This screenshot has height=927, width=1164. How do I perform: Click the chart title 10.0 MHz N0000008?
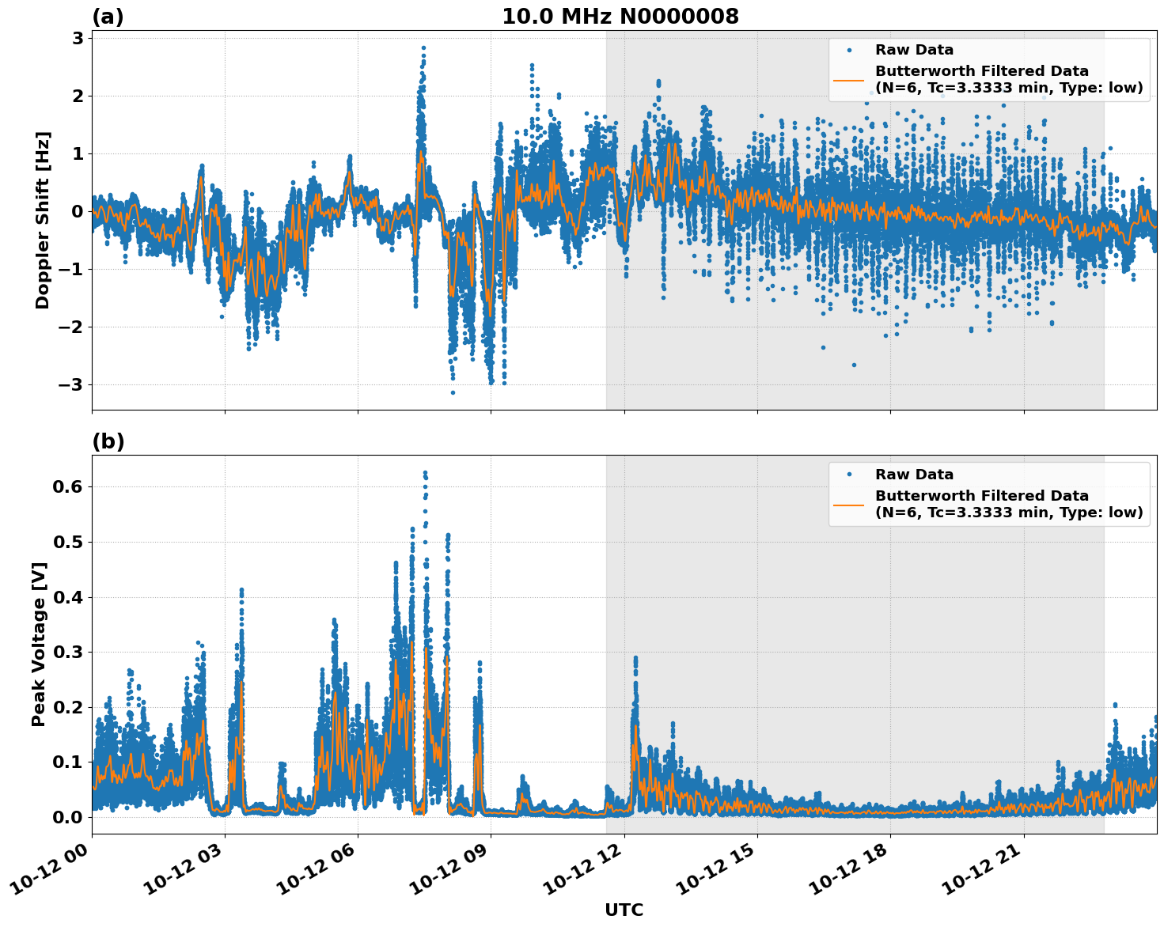pos(620,17)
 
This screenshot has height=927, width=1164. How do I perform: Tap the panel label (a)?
pos(108,17)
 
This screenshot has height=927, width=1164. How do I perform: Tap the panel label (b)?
pos(108,441)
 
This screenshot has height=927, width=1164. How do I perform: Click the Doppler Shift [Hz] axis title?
pos(43,220)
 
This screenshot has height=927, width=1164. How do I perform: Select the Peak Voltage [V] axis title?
pos(40,644)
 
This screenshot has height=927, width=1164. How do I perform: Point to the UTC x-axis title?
pos(624,910)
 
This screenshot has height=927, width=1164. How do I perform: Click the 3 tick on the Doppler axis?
pos(78,38)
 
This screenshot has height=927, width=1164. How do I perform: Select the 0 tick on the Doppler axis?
pos(78,211)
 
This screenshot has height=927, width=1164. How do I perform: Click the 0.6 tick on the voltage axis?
pos(67,487)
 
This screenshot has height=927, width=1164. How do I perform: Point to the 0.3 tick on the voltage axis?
pos(67,652)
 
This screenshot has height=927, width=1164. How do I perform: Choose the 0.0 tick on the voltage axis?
pos(67,817)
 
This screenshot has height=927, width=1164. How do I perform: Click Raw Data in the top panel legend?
pos(914,50)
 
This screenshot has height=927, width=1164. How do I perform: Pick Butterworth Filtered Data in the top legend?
pos(981,71)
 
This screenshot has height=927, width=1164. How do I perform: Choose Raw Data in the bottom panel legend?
pos(914,475)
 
